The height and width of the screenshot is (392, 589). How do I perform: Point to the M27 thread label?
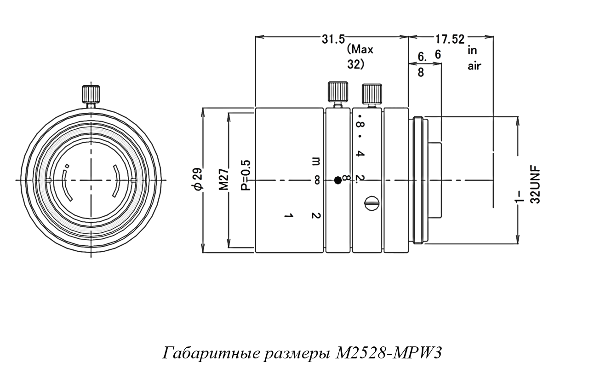coord(224,179)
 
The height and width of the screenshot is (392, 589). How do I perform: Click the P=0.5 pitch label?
coord(246,175)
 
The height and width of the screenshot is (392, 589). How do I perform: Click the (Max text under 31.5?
coord(360,49)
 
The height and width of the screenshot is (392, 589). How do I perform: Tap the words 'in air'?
coord(474,58)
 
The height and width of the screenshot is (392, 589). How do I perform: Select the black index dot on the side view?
coord(338,180)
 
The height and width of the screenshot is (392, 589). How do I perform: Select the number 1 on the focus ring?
coord(288,215)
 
